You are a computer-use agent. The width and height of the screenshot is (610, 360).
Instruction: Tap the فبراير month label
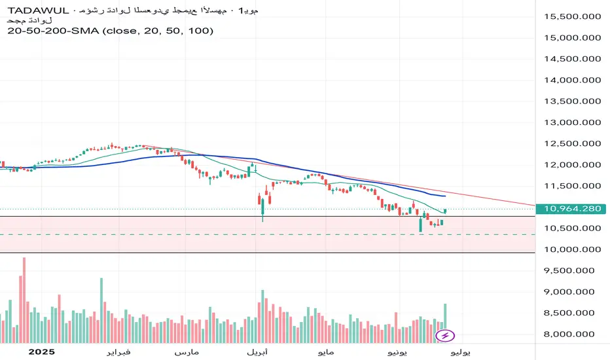pos(118,352)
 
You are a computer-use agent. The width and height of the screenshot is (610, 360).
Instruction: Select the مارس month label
pos(187,352)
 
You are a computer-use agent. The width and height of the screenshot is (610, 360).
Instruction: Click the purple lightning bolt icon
pos(445,336)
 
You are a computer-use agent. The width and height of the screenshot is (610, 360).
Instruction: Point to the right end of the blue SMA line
pos(445,196)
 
